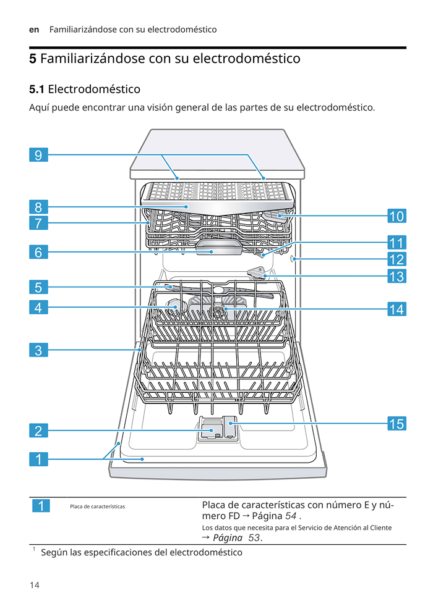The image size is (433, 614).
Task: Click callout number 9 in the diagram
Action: [x=38, y=154]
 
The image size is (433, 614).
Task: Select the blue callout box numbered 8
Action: [x=38, y=207]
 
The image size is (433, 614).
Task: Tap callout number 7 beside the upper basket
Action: [x=38, y=223]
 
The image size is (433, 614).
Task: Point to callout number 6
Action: [x=38, y=252]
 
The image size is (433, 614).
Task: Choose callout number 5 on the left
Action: [x=38, y=287]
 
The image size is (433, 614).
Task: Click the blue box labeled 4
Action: [x=38, y=307]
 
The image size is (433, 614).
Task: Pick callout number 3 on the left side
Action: [x=38, y=350]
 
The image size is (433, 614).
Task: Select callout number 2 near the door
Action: [x=38, y=431]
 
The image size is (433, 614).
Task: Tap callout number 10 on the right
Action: [x=397, y=216]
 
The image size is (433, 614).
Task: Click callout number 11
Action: [x=397, y=242]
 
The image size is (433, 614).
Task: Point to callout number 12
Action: [x=397, y=259]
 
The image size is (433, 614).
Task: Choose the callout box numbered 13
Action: [x=397, y=276]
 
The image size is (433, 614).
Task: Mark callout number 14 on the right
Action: [x=397, y=309]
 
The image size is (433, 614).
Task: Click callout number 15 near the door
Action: [x=397, y=424]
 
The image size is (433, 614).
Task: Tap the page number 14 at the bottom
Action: [x=34, y=584]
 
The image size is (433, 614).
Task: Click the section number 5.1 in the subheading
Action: [x=36, y=89]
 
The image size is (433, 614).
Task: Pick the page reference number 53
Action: [x=254, y=537]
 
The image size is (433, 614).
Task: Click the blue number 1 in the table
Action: [x=40, y=507]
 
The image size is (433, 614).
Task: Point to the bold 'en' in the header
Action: [x=34, y=30]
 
